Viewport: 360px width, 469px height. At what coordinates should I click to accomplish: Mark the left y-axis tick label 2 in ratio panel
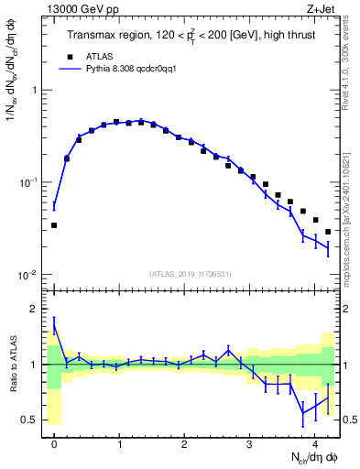[x=34, y=309]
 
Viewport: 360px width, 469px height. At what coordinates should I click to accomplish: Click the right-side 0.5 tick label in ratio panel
[x=348, y=420]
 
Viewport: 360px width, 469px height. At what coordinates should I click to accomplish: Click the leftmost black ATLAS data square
[x=54, y=224]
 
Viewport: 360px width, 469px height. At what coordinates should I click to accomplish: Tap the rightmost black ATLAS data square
[x=328, y=231]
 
